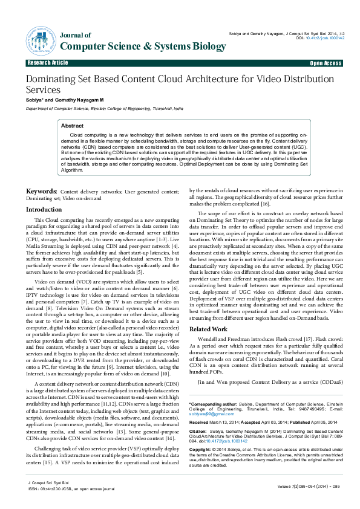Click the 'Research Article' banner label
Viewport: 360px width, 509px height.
pos(47,63)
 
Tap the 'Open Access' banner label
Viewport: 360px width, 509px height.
pos(326,63)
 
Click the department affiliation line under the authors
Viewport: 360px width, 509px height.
pos(96,109)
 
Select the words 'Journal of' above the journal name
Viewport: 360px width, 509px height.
pos(75,35)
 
